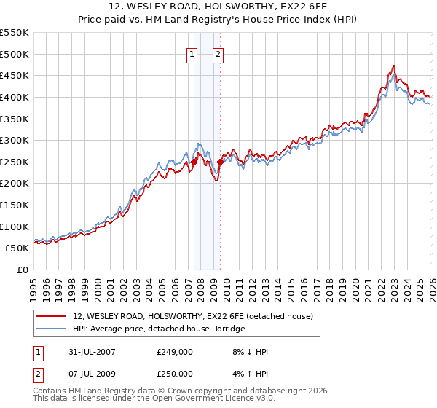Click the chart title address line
tap(219, 7)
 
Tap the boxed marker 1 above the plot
tap(192, 53)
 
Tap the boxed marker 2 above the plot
tap(218, 53)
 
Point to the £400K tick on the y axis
tap(15, 97)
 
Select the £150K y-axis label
tap(15, 205)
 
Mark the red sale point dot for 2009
tap(220, 162)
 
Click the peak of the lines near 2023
tap(393, 66)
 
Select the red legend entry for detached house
tap(193, 316)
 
